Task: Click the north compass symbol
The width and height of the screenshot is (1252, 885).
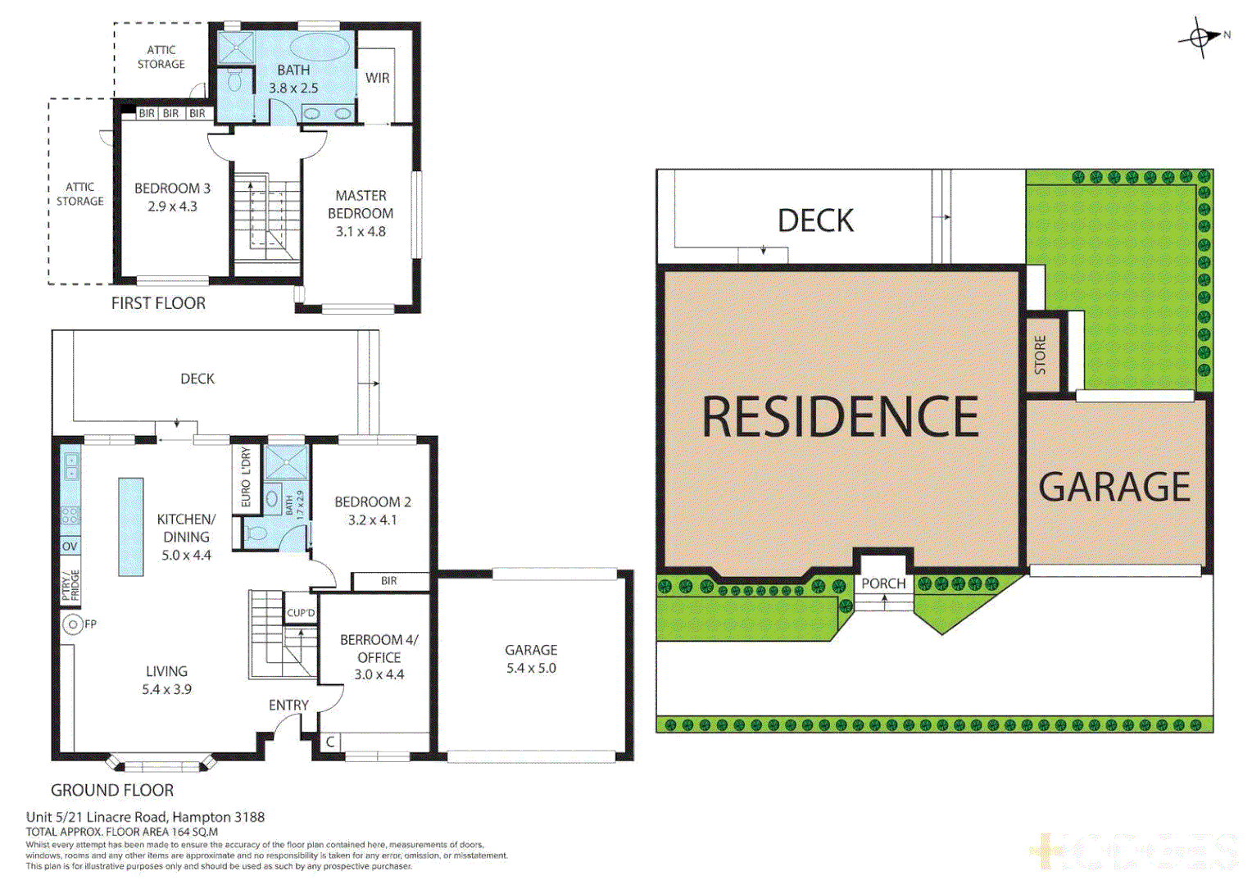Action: click(x=1200, y=37)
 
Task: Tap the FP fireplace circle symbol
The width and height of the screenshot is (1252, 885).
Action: click(x=73, y=624)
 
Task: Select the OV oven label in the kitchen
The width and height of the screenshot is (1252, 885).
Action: click(x=70, y=547)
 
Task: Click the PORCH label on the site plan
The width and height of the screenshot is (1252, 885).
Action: click(x=883, y=583)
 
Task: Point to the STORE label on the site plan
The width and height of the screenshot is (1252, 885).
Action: click(x=1041, y=355)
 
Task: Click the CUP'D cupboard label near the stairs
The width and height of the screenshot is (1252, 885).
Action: click(x=301, y=613)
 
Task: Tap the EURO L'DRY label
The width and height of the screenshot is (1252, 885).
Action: click(x=246, y=477)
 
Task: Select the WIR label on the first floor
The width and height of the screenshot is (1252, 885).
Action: click(x=377, y=78)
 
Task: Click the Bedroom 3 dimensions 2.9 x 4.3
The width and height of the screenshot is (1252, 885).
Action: click(x=172, y=206)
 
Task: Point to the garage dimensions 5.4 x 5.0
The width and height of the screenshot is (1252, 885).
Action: click(x=531, y=668)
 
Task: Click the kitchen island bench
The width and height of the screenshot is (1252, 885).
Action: click(x=131, y=527)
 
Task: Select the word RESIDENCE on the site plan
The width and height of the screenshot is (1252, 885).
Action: click(x=840, y=416)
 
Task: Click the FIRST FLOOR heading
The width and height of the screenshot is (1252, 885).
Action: click(x=158, y=303)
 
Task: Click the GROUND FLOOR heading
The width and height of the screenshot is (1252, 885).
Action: click(x=112, y=790)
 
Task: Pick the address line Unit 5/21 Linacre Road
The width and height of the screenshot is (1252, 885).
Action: click(x=145, y=817)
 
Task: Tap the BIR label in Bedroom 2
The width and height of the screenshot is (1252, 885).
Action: click(x=389, y=581)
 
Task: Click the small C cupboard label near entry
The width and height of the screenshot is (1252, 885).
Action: click(x=330, y=742)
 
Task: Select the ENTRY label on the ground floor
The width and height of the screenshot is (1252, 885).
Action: click(x=288, y=705)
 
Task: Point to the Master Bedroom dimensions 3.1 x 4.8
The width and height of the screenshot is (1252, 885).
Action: click(x=361, y=231)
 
